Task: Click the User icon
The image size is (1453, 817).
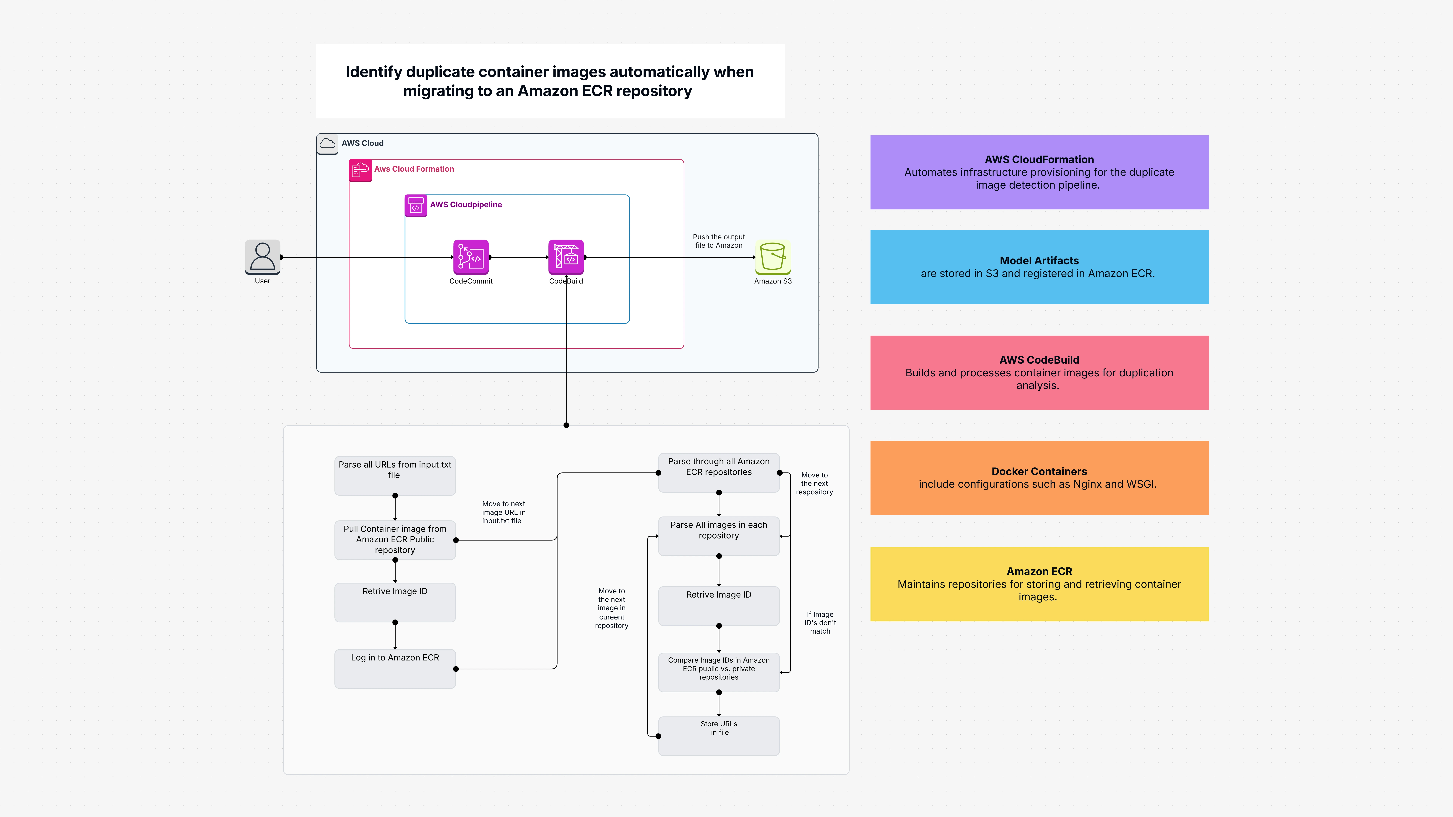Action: [x=262, y=257]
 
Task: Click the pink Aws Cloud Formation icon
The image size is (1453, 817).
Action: [x=360, y=170]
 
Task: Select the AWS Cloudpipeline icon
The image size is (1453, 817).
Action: [x=416, y=205]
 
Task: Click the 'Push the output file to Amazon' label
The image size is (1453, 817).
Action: [x=719, y=241]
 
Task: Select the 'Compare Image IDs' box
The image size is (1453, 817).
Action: [x=719, y=672]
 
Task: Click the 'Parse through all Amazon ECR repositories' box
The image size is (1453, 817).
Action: [x=719, y=472]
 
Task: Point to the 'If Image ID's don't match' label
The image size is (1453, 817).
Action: [x=820, y=623]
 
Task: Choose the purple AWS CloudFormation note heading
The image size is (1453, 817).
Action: [x=1039, y=160]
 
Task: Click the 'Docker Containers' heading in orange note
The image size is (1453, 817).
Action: [x=1039, y=471]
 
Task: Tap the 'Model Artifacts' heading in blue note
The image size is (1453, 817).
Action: [x=1039, y=261]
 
